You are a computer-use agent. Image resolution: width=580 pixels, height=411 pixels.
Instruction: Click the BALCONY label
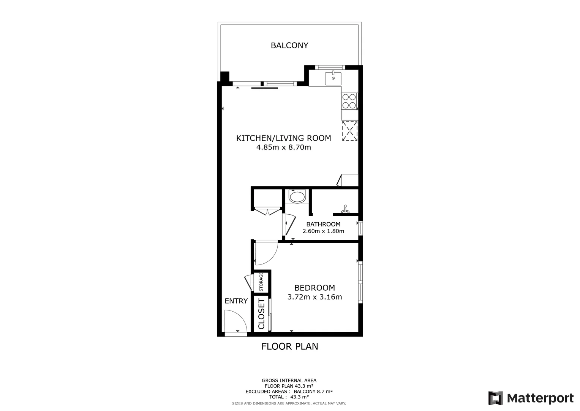point(289,46)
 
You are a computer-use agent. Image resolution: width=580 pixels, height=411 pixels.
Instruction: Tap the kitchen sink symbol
point(333,78)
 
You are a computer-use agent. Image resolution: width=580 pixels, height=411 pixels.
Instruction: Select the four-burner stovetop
point(349,101)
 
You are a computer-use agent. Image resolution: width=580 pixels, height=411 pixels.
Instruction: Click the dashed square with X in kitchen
point(350,131)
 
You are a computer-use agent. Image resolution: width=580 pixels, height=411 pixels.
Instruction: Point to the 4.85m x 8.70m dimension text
point(283,147)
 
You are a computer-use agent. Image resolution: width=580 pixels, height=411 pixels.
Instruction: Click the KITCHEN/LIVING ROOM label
point(283,138)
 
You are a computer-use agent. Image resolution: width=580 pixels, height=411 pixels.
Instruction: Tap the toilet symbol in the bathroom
point(297,196)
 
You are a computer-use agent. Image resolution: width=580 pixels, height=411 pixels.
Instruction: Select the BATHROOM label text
point(323,224)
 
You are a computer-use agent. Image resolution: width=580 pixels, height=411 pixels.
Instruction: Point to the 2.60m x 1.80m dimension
point(323,231)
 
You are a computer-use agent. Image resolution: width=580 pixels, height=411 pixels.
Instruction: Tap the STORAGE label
point(261,282)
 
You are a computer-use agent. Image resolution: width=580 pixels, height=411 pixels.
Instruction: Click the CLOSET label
point(261,314)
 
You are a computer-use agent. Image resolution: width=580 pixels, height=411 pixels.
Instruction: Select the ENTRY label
point(236,301)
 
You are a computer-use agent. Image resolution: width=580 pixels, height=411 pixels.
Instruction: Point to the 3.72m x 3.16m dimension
point(314,297)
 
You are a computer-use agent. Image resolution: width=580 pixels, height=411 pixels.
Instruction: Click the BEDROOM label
point(314,288)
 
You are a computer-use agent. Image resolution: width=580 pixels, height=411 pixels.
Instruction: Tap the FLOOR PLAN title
point(289,346)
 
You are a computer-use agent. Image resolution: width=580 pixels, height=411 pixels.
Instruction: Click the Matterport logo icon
point(495,398)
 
